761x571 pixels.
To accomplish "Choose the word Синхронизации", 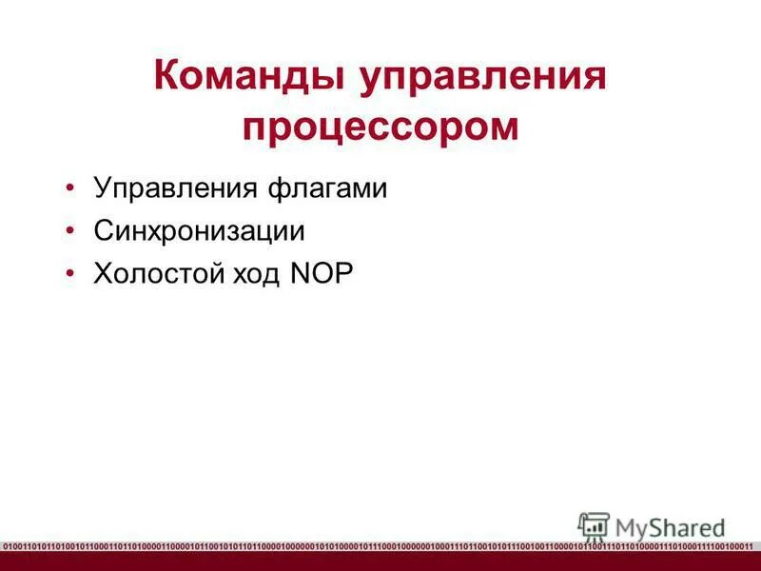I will pos(199,230).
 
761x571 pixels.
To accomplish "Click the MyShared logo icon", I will pos(593,527).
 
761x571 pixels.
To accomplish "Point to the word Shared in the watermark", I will pos(686,526).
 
